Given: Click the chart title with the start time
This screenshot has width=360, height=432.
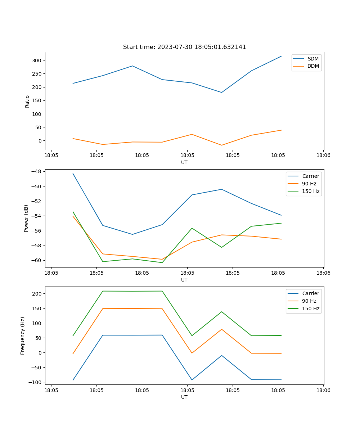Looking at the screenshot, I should (x=184, y=47).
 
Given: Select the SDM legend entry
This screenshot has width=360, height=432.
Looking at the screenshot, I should (x=313, y=59).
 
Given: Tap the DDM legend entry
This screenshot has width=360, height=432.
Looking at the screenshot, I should (x=313, y=66).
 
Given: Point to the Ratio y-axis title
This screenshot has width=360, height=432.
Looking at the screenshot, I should (x=27, y=101).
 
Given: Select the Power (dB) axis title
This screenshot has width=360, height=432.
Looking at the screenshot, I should (x=26, y=218).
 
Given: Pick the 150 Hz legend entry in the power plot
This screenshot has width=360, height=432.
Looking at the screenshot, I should (x=311, y=191).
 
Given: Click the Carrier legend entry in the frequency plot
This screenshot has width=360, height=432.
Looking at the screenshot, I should (x=311, y=293).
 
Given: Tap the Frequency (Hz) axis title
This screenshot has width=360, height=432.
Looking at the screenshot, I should (x=23, y=336).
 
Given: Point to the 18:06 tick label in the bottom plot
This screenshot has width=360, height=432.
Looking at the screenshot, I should (x=323, y=390).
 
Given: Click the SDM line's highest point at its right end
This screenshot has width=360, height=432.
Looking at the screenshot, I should (x=281, y=56).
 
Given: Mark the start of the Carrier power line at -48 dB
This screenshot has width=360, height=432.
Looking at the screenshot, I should (x=73, y=174).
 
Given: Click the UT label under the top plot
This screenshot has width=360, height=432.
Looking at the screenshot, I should (x=184, y=162).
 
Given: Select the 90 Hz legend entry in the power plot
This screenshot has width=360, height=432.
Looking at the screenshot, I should (x=309, y=184).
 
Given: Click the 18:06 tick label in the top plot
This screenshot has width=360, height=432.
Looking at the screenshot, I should (x=323, y=156).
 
